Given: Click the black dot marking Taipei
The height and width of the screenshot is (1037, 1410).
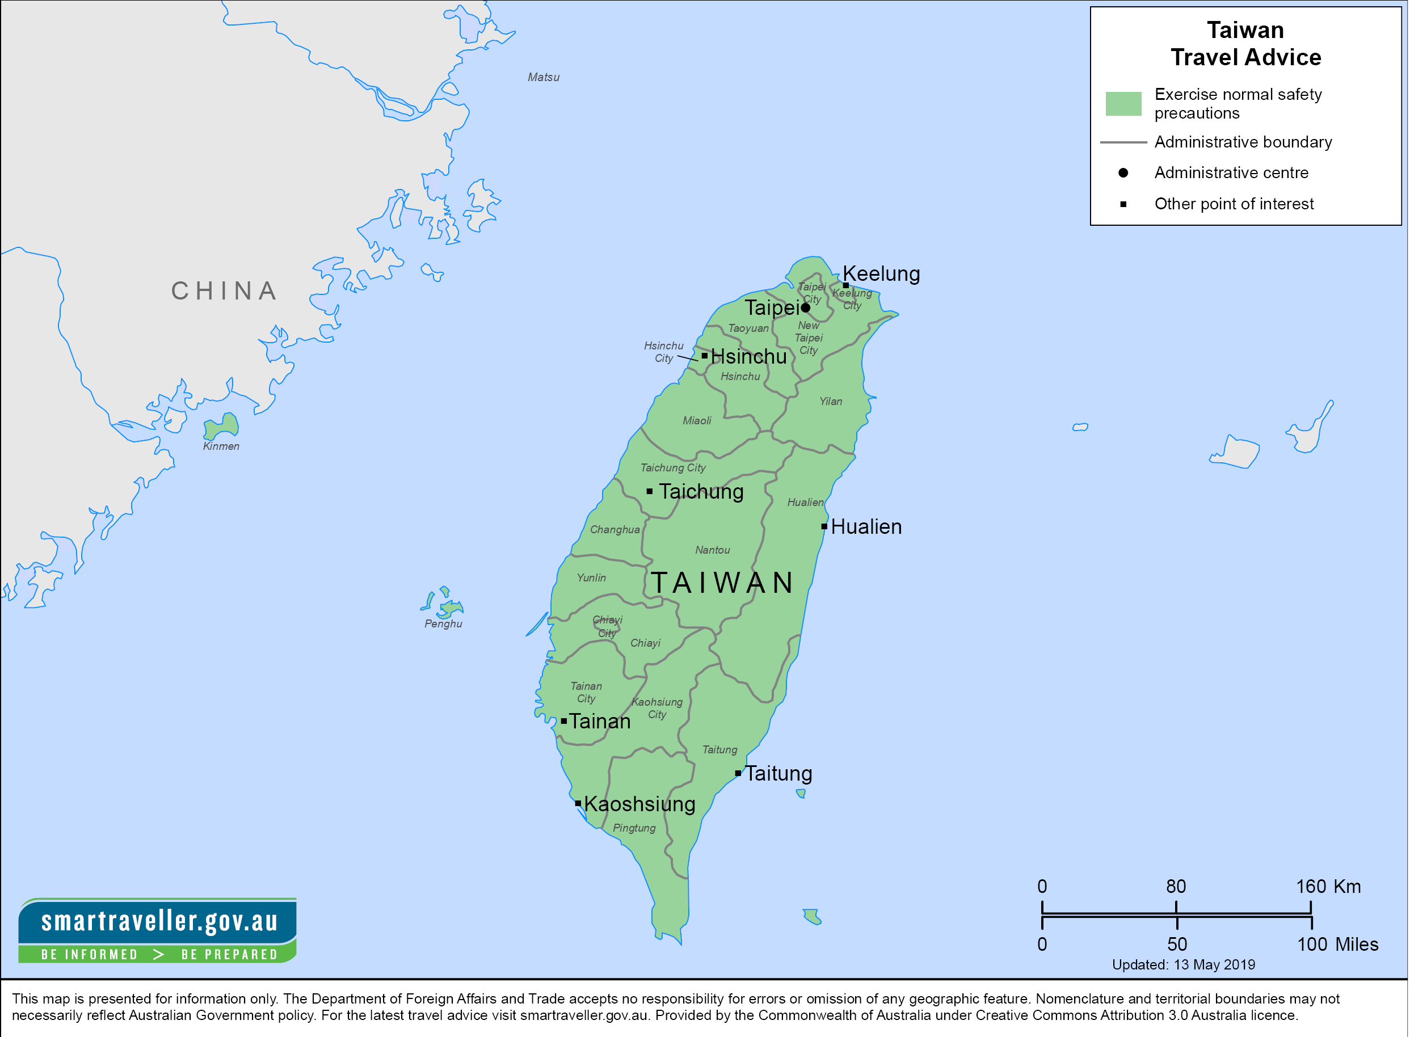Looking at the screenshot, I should [806, 307].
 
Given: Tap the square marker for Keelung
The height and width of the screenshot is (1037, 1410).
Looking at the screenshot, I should [845, 285].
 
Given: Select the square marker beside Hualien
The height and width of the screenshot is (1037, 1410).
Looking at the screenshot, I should [824, 526].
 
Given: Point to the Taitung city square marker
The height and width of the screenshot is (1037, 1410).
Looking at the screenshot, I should [738, 773].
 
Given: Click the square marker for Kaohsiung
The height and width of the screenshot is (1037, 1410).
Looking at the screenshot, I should [578, 803].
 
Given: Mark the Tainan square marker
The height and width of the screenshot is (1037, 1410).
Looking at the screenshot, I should [564, 721].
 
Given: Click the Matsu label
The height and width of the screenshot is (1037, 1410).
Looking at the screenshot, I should [543, 77].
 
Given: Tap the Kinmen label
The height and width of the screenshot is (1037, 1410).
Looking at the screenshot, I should [221, 446].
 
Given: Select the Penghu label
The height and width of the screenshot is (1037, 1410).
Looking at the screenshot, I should [443, 624].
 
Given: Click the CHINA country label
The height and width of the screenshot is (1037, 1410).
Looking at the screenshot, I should [225, 291].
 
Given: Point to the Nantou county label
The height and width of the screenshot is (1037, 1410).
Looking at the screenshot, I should [713, 550].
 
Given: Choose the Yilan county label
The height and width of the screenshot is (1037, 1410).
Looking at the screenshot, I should [831, 401].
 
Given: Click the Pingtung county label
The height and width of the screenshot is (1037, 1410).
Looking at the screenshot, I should [634, 828].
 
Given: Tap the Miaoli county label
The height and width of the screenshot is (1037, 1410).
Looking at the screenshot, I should [697, 420].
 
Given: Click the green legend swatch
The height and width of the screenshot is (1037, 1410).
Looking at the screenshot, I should [1123, 104].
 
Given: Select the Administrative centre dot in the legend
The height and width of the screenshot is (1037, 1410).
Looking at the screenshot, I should [1123, 172].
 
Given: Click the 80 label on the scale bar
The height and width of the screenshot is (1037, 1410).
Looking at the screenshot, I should [1176, 886].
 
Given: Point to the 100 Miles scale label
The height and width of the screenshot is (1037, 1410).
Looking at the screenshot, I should [1337, 944].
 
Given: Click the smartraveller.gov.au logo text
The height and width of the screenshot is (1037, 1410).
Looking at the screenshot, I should [159, 921].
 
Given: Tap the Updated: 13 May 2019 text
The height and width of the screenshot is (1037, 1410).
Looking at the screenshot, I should [1184, 965].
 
